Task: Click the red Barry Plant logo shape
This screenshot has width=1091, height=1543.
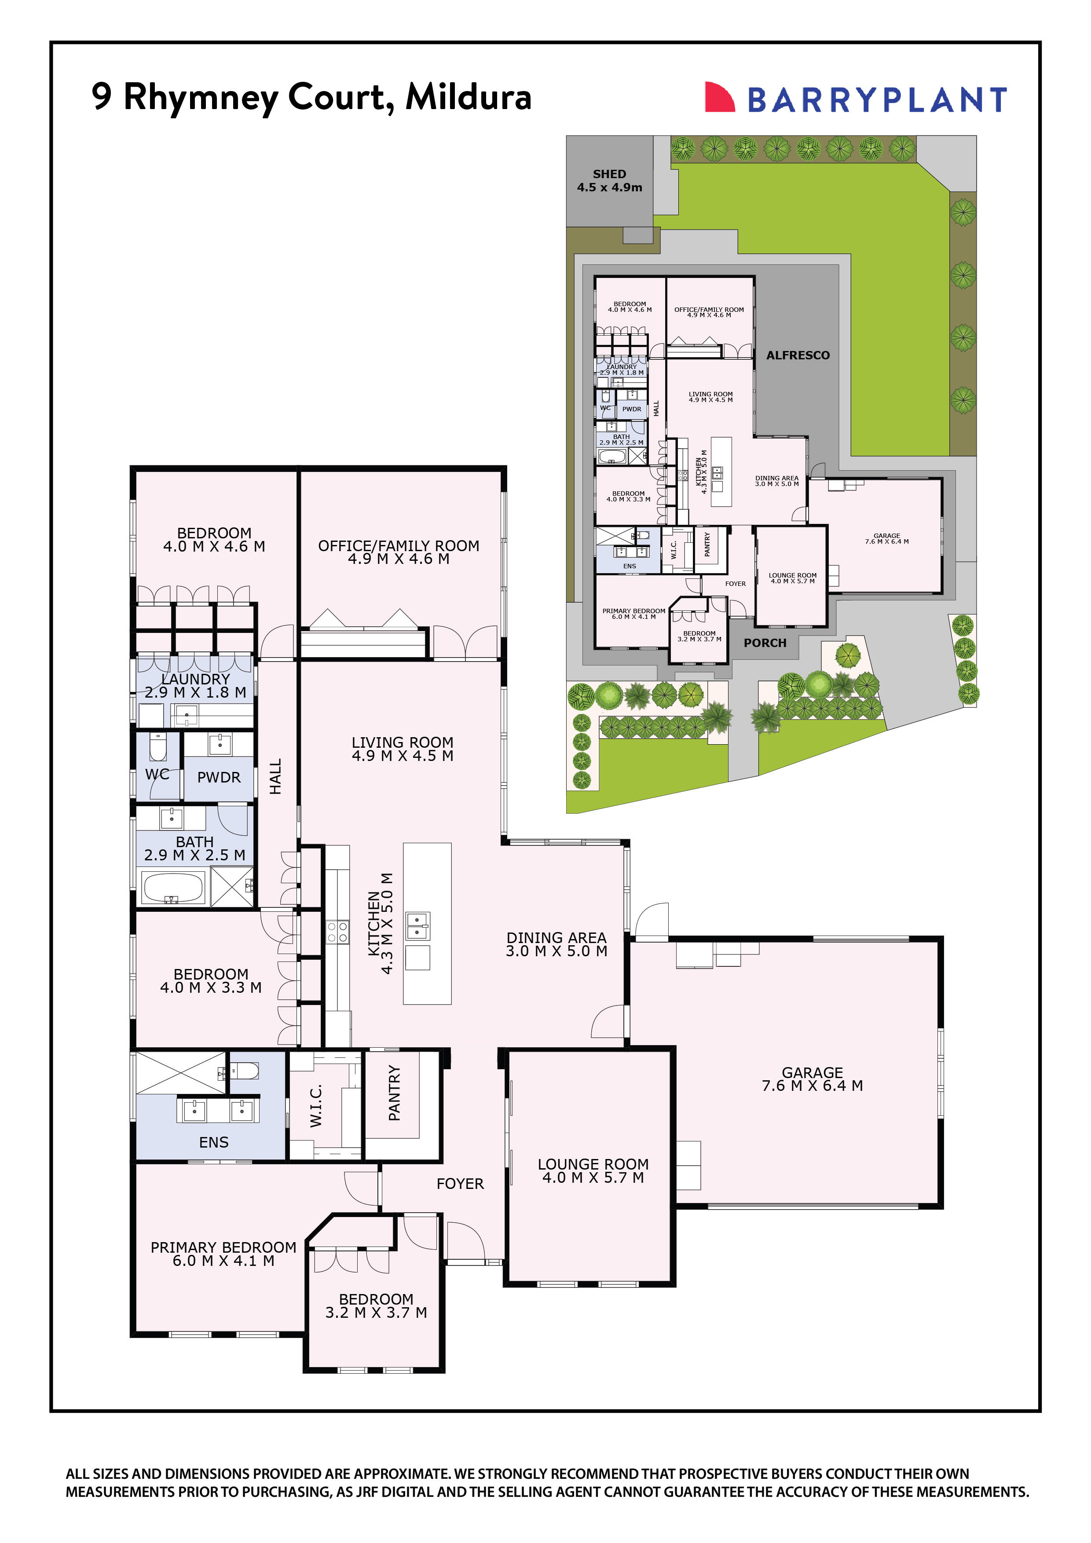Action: tap(718, 98)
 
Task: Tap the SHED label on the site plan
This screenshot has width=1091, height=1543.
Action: tap(609, 174)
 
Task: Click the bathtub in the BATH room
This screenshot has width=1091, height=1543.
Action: tap(173, 888)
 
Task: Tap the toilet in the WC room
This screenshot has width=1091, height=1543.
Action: tap(158, 746)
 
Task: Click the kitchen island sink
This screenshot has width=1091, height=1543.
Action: tap(417, 925)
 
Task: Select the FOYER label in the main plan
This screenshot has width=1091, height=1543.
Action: tap(460, 1184)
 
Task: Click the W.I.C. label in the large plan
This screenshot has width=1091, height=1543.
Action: tap(316, 1105)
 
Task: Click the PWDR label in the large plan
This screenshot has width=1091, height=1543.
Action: tap(219, 778)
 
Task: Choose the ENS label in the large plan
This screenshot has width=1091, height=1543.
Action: tap(214, 1142)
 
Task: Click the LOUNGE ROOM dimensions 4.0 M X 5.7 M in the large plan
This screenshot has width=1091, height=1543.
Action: tap(593, 1177)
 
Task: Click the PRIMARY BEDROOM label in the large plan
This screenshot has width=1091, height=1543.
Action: tap(223, 1247)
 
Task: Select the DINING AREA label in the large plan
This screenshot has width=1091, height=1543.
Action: tap(556, 937)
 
